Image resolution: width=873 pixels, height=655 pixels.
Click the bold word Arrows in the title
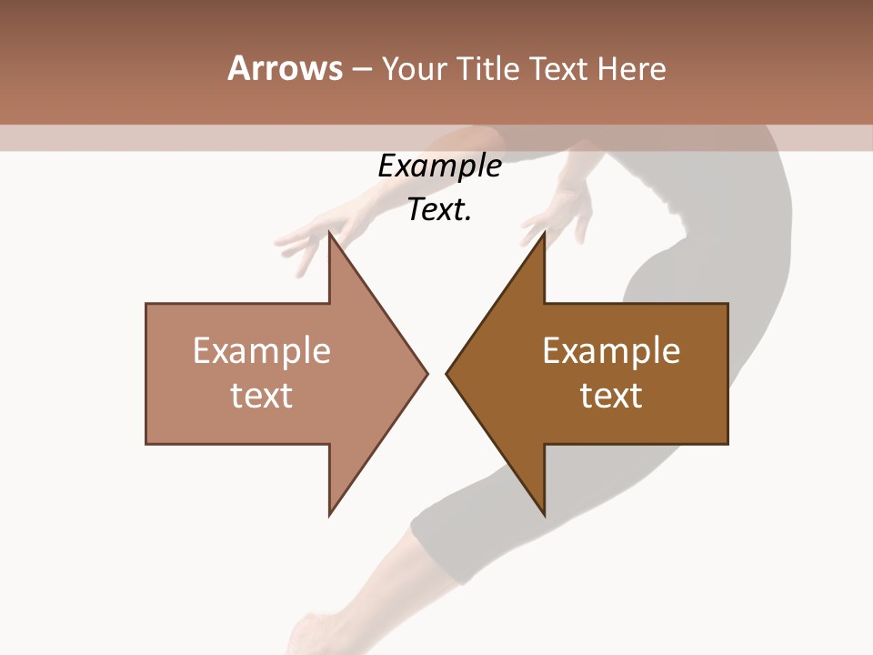pyautogui.click(x=285, y=68)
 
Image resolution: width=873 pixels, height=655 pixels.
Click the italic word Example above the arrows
pyautogui.click(x=439, y=166)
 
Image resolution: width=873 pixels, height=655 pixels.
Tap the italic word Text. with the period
pyautogui.click(x=439, y=209)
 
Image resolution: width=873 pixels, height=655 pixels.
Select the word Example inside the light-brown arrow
pyautogui.click(x=262, y=351)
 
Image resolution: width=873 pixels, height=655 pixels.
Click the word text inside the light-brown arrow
pyautogui.click(x=262, y=395)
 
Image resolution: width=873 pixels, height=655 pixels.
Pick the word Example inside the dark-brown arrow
pyautogui.click(x=611, y=351)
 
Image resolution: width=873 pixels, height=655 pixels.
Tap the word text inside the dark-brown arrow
pyautogui.click(x=611, y=395)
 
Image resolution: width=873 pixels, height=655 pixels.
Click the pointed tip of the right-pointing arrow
pyautogui.click(x=426, y=373)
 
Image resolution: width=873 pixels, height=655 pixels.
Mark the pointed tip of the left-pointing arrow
pyautogui.click(x=447, y=373)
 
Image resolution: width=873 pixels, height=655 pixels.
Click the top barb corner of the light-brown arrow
pyautogui.click(x=330, y=234)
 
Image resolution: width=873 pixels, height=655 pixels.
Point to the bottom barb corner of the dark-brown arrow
pyautogui.click(x=544, y=514)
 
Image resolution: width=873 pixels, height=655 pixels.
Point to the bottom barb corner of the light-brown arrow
pyautogui.click(x=330, y=514)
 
